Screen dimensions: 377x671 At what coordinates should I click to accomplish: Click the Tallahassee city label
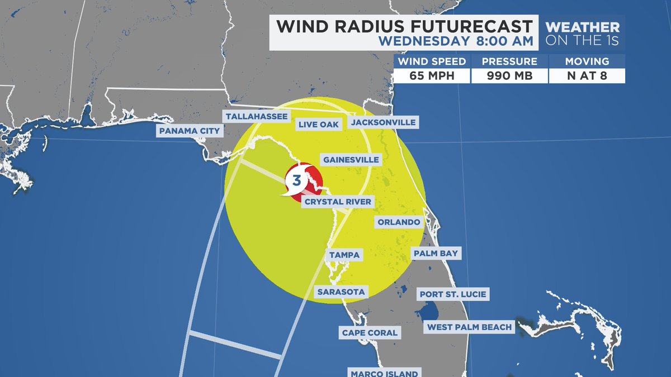pyautogui.click(x=257, y=117)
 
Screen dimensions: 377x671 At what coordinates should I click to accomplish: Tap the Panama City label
pyautogui.click(x=190, y=131)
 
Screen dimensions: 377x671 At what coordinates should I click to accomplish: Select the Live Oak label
pyautogui.click(x=318, y=125)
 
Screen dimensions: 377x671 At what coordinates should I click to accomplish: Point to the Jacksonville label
pyautogui.click(x=382, y=122)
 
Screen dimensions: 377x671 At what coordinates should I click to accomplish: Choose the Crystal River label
pyautogui.click(x=337, y=202)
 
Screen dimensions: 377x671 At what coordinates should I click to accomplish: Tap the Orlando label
pyautogui.click(x=398, y=222)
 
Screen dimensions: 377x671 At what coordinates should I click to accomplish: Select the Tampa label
pyautogui.click(x=343, y=255)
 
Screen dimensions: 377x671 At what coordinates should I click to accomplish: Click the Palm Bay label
pyautogui.click(x=436, y=254)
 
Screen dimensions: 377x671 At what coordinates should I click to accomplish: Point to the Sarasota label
pyautogui.click(x=341, y=292)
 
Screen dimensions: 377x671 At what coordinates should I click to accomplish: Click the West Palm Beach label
pyautogui.click(x=469, y=327)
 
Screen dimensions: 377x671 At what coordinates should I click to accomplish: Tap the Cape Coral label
pyautogui.click(x=370, y=333)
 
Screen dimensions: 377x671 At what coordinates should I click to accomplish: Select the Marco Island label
pyautogui.click(x=383, y=373)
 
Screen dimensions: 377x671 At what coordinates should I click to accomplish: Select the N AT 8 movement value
pyautogui.click(x=586, y=75)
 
